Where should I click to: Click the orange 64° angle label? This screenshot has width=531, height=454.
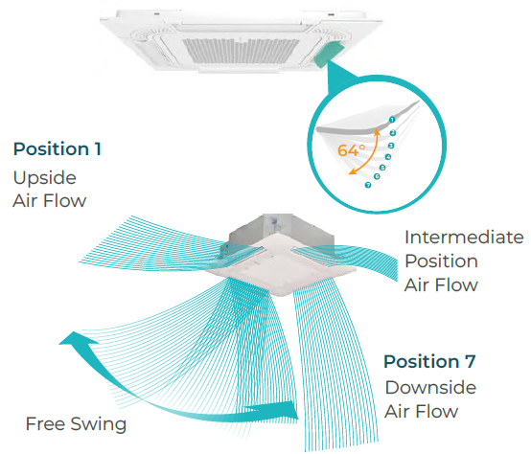tap(351, 150)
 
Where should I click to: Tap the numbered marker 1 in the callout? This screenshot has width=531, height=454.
tap(392, 120)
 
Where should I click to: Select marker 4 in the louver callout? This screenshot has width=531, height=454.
tap(388, 157)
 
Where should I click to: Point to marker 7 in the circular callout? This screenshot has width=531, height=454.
tap(368, 185)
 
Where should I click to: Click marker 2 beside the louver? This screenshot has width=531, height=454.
tap(393, 133)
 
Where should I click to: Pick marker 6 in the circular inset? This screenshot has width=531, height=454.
tap(377, 176)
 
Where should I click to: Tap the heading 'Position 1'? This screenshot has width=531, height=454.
tap(58, 148)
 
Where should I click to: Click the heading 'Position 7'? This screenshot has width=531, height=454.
tap(429, 361)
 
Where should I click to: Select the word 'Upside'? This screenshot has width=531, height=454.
tap(45, 178)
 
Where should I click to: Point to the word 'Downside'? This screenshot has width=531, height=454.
tap(430, 387)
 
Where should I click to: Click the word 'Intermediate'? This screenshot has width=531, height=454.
tap(464, 238)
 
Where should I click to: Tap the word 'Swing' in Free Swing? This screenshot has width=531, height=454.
tap(99, 424)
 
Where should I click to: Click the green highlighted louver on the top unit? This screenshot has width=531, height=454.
tap(328, 54)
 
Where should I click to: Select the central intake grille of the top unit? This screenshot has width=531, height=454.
tap(242, 51)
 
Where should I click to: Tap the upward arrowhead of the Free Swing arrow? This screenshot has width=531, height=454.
tap(74, 339)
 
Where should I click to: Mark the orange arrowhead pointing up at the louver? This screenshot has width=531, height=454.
tap(377, 132)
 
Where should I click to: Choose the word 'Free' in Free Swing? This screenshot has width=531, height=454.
tap(46, 424)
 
